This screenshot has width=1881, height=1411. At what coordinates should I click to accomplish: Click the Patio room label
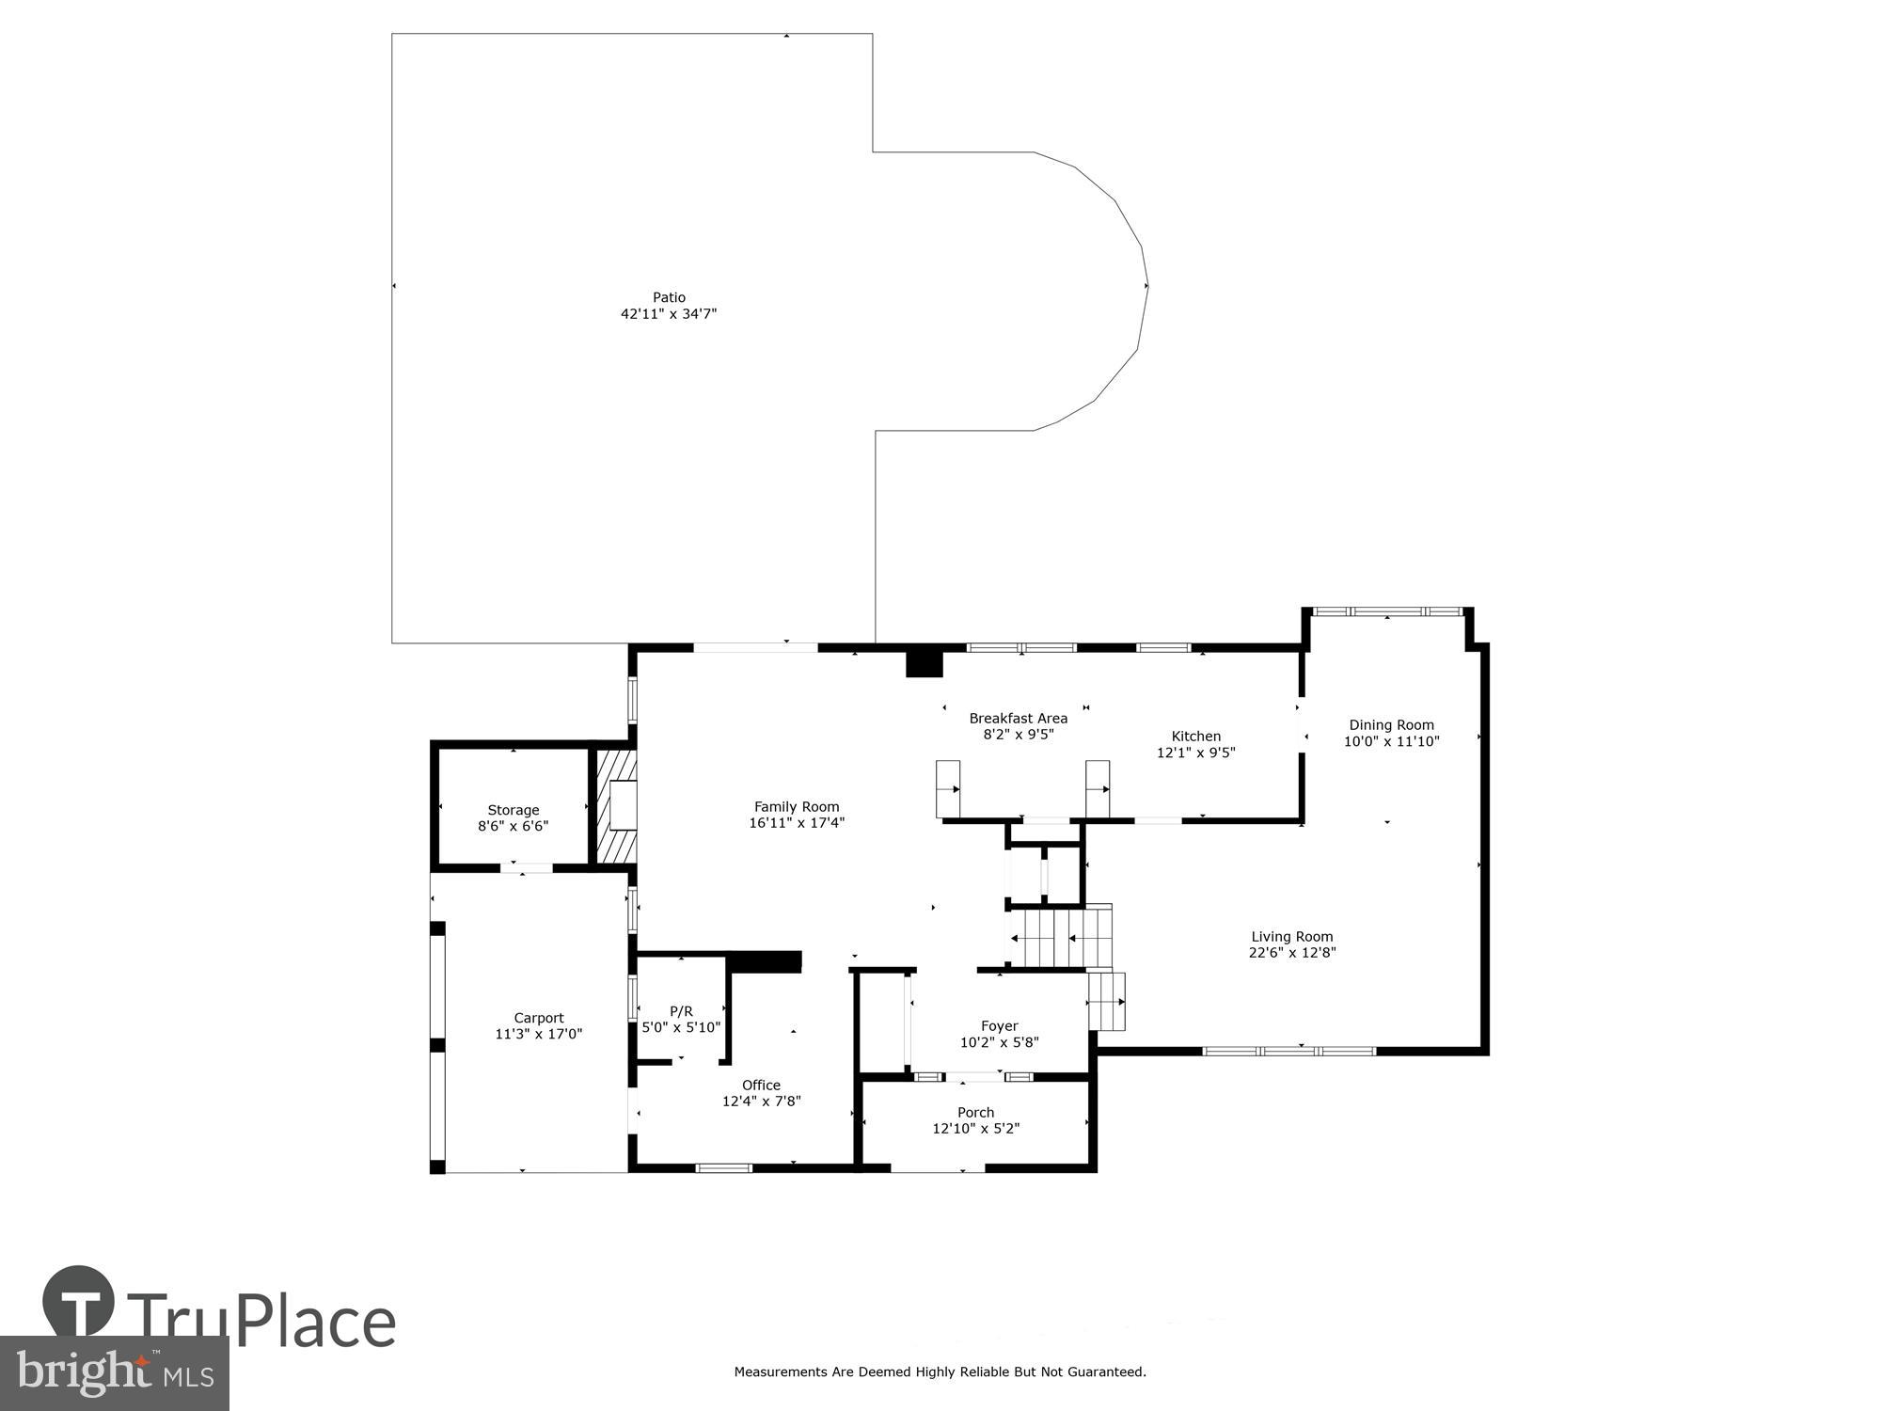[x=669, y=297]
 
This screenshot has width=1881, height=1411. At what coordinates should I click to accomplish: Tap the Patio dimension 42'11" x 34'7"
[x=669, y=314]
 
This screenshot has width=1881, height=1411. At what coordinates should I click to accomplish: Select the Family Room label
[x=797, y=806]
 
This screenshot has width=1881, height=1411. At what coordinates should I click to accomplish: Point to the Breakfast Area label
[x=1018, y=718]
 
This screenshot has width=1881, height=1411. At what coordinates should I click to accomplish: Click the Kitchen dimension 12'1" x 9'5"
[x=1195, y=753]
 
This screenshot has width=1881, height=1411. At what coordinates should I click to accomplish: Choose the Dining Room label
[x=1391, y=724]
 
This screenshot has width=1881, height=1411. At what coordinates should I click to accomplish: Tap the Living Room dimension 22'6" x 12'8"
[x=1291, y=952]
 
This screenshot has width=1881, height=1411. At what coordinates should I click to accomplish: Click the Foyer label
[x=999, y=1025]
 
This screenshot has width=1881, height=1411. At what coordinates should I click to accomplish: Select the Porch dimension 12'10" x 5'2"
[x=975, y=1129]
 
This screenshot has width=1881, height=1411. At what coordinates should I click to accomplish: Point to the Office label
[x=761, y=1085]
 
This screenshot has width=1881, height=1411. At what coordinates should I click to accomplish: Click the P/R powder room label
[x=681, y=1011]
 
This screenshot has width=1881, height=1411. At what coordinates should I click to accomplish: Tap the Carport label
[x=539, y=1018]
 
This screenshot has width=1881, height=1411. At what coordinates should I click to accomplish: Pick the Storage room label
[x=513, y=810]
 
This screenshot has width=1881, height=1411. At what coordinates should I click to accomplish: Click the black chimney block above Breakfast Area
[x=924, y=662]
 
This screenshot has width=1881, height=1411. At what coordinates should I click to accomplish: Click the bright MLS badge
[x=114, y=1373]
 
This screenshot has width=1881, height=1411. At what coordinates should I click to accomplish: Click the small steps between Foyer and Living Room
[x=1107, y=1002]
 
